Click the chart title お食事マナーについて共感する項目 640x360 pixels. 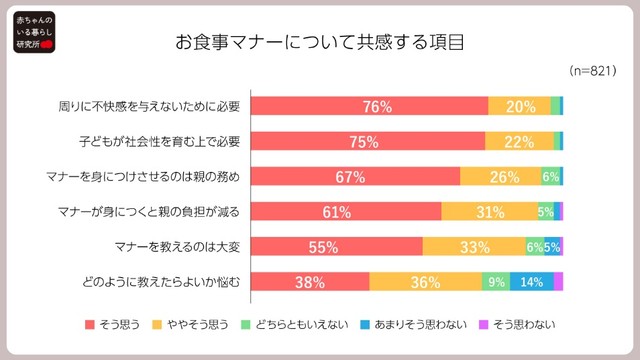pyautogui.click(x=320, y=44)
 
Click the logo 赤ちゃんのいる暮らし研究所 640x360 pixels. pyautogui.click(x=32, y=32)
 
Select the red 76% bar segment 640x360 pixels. pyautogui.click(x=369, y=106)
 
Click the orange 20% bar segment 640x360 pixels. pyautogui.click(x=519, y=106)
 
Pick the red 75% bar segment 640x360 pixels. pyautogui.click(x=367, y=141)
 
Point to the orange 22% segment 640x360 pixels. pyautogui.click(x=519, y=141)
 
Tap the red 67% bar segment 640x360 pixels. pyautogui.click(x=355, y=176)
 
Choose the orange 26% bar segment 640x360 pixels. pyautogui.click(x=500, y=176)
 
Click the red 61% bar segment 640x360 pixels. pyautogui.click(x=345, y=211)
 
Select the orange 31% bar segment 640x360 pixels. pyautogui.click(x=489, y=211)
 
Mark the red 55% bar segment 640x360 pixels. pyautogui.click(x=336, y=246)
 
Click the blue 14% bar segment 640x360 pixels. pyautogui.click(x=531, y=281)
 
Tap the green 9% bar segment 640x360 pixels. pyautogui.click(x=495, y=281)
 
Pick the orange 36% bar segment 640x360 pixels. pyautogui.click(x=425, y=281)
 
